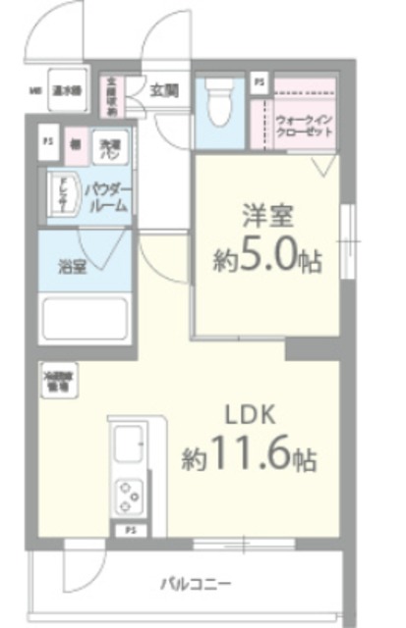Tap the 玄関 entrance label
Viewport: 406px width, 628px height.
click(164, 90)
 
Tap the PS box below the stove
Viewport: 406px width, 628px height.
click(131, 531)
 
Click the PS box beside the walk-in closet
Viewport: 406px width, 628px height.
click(259, 81)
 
